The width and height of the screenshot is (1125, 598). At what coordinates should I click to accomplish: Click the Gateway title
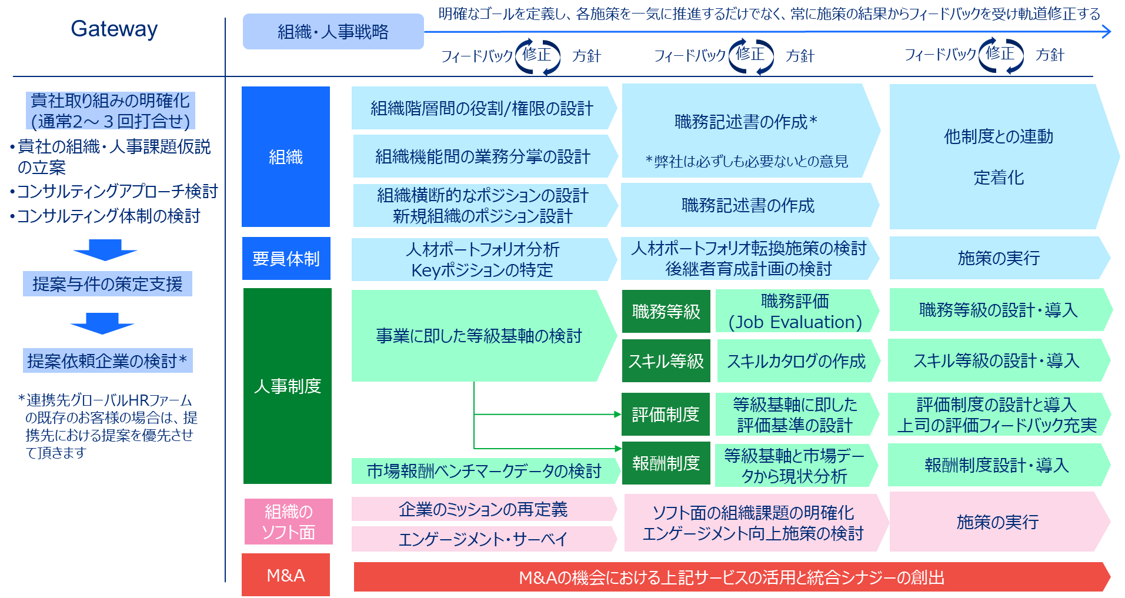click(114, 29)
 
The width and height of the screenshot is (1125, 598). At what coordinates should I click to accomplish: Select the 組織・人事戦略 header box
click(333, 32)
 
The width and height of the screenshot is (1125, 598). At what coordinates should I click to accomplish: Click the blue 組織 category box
click(286, 157)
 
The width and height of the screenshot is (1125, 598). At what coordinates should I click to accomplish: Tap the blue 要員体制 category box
click(286, 259)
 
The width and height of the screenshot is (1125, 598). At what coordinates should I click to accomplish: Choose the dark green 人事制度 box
click(287, 386)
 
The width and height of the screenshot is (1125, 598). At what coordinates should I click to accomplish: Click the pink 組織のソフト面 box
click(288, 522)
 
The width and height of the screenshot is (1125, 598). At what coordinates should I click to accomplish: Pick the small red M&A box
click(286, 575)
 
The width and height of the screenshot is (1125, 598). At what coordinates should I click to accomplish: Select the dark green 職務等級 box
click(666, 312)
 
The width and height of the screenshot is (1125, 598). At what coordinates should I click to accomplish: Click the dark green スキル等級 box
click(666, 361)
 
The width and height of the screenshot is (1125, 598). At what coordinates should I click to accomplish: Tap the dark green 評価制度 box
click(666, 415)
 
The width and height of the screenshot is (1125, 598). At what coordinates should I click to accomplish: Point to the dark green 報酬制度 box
click(666, 463)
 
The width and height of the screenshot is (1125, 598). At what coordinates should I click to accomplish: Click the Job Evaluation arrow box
click(795, 312)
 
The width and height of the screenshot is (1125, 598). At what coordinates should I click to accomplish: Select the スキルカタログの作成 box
click(796, 361)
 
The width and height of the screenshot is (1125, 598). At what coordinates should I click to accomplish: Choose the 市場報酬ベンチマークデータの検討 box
click(484, 471)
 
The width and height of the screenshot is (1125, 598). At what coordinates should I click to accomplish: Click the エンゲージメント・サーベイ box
click(483, 539)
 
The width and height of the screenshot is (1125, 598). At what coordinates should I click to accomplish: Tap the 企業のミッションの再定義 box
click(483, 509)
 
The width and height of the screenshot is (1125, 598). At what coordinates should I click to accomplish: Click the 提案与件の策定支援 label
click(108, 284)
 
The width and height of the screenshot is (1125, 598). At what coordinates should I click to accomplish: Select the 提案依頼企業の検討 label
click(108, 360)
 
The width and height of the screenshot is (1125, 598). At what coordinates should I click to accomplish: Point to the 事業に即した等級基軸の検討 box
click(479, 336)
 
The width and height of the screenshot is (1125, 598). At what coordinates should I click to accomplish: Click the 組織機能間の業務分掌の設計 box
click(483, 156)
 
